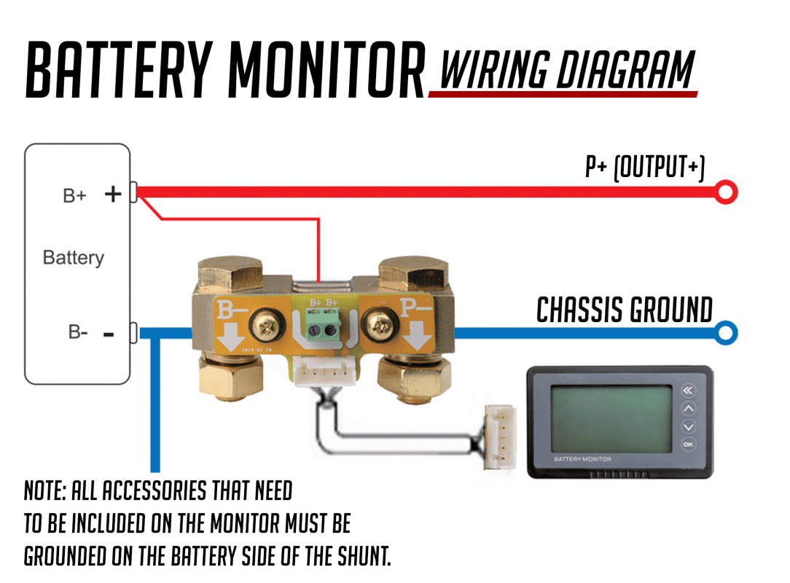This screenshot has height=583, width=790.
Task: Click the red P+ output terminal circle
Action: point(726,192)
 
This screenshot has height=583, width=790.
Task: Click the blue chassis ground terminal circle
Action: point(726,333)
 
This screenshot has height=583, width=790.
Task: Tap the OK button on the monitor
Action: point(688,444)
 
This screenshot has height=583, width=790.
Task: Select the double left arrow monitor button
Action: point(688,391)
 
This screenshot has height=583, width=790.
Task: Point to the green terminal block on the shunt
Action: point(322,326)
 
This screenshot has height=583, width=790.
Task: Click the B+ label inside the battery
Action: point(75,195)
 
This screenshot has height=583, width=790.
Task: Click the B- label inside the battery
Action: point(78,332)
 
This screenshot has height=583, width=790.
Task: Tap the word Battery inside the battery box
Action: point(73,258)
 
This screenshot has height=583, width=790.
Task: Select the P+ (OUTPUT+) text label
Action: point(645,168)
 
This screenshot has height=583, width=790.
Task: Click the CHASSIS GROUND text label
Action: point(625,310)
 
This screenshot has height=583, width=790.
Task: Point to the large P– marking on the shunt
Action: point(417,312)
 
